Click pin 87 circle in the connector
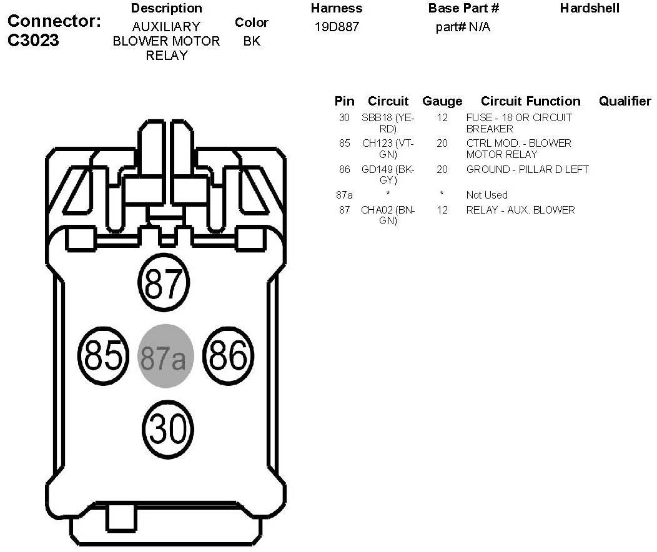[x=163, y=283]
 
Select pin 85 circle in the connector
[x=102, y=357]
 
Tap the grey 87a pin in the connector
[x=165, y=357]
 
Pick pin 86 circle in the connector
[x=229, y=357]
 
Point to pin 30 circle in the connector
[x=167, y=429]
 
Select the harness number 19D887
[x=337, y=27]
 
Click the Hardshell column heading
[x=590, y=9]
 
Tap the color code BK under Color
[x=252, y=41]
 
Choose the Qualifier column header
[x=625, y=101]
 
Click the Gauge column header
[x=442, y=101]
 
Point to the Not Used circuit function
[x=487, y=195]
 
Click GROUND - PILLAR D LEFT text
[x=527, y=169]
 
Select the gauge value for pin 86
[x=442, y=169]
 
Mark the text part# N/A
[x=463, y=27]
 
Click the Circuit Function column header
[x=530, y=101]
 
